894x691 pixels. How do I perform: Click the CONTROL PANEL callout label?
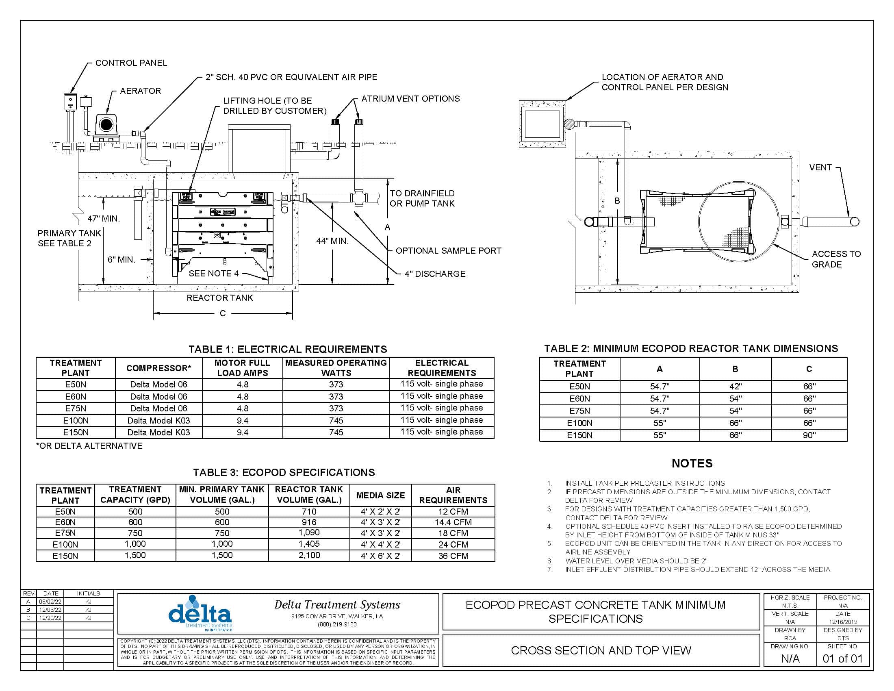[x=131, y=63]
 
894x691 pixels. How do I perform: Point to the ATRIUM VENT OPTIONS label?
[x=410, y=99]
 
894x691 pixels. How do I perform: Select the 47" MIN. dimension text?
[x=104, y=219]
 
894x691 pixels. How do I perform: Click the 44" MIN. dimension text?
[x=332, y=241]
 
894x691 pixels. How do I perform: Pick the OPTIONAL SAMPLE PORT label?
[x=448, y=250]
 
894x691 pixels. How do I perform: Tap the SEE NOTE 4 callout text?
[x=213, y=274]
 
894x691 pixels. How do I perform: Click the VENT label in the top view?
[x=820, y=167]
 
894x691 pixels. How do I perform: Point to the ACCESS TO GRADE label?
[x=836, y=259]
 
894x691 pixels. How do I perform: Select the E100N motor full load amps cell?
[x=242, y=420]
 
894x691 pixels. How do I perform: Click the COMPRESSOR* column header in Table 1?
[x=158, y=368]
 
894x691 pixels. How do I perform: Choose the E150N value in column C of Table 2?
[x=809, y=435]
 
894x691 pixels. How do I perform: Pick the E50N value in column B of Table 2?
[x=735, y=387]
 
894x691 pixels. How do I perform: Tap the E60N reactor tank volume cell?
[x=309, y=522]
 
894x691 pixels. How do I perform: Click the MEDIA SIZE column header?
[x=380, y=495]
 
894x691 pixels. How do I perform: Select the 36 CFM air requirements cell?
[x=453, y=556]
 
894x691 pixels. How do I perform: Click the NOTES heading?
[x=692, y=463]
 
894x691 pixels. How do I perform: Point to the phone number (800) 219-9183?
[x=337, y=624]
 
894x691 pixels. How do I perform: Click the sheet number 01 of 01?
[x=842, y=658]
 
